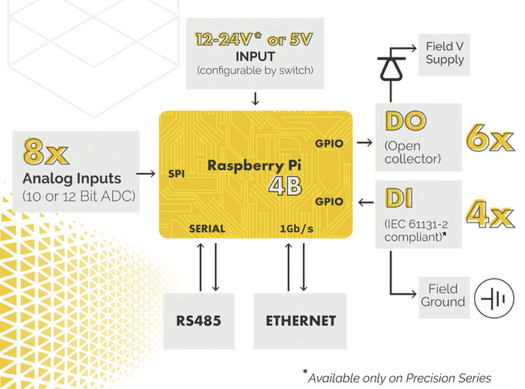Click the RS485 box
point(198,321)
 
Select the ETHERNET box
point(300,321)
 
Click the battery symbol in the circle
point(494,298)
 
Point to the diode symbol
point(391,68)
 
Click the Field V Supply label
point(444,54)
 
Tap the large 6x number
point(489,138)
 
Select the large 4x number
point(489,214)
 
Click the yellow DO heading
point(405,121)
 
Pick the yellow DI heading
point(399,198)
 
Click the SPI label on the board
point(176,174)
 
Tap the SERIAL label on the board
point(207,228)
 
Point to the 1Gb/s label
point(296,228)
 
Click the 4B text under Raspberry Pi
point(285,186)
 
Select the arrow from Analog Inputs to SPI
point(146,174)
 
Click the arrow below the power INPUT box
point(255,99)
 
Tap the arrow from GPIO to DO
point(364,143)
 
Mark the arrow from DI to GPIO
point(366,202)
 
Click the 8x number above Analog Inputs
point(46,151)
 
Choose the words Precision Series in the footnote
point(449,378)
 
